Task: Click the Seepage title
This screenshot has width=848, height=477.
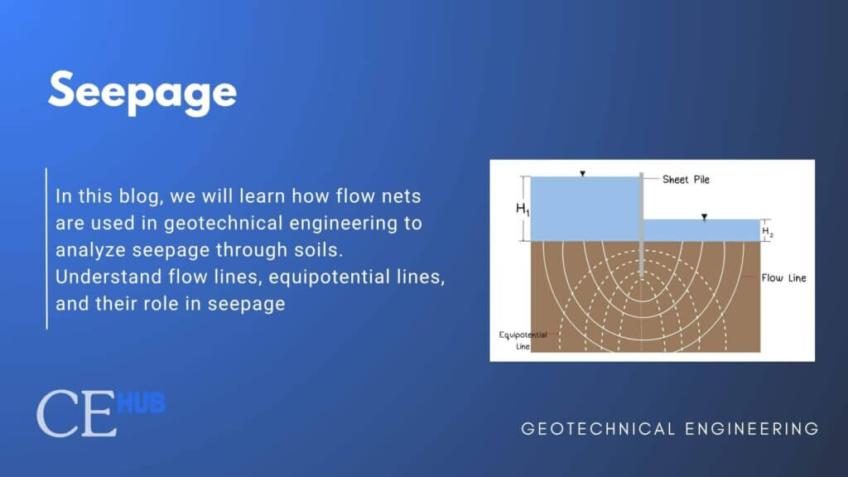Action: click(142, 91)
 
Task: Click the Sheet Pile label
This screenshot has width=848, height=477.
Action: click(686, 179)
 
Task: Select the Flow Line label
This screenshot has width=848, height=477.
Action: click(783, 278)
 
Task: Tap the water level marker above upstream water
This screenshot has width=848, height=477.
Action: click(583, 174)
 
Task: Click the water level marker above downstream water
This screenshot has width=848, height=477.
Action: click(704, 217)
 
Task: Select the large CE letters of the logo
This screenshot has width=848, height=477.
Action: click(76, 416)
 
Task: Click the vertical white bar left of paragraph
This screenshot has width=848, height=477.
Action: click(46, 248)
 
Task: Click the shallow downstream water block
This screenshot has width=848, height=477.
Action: click(701, 230)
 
